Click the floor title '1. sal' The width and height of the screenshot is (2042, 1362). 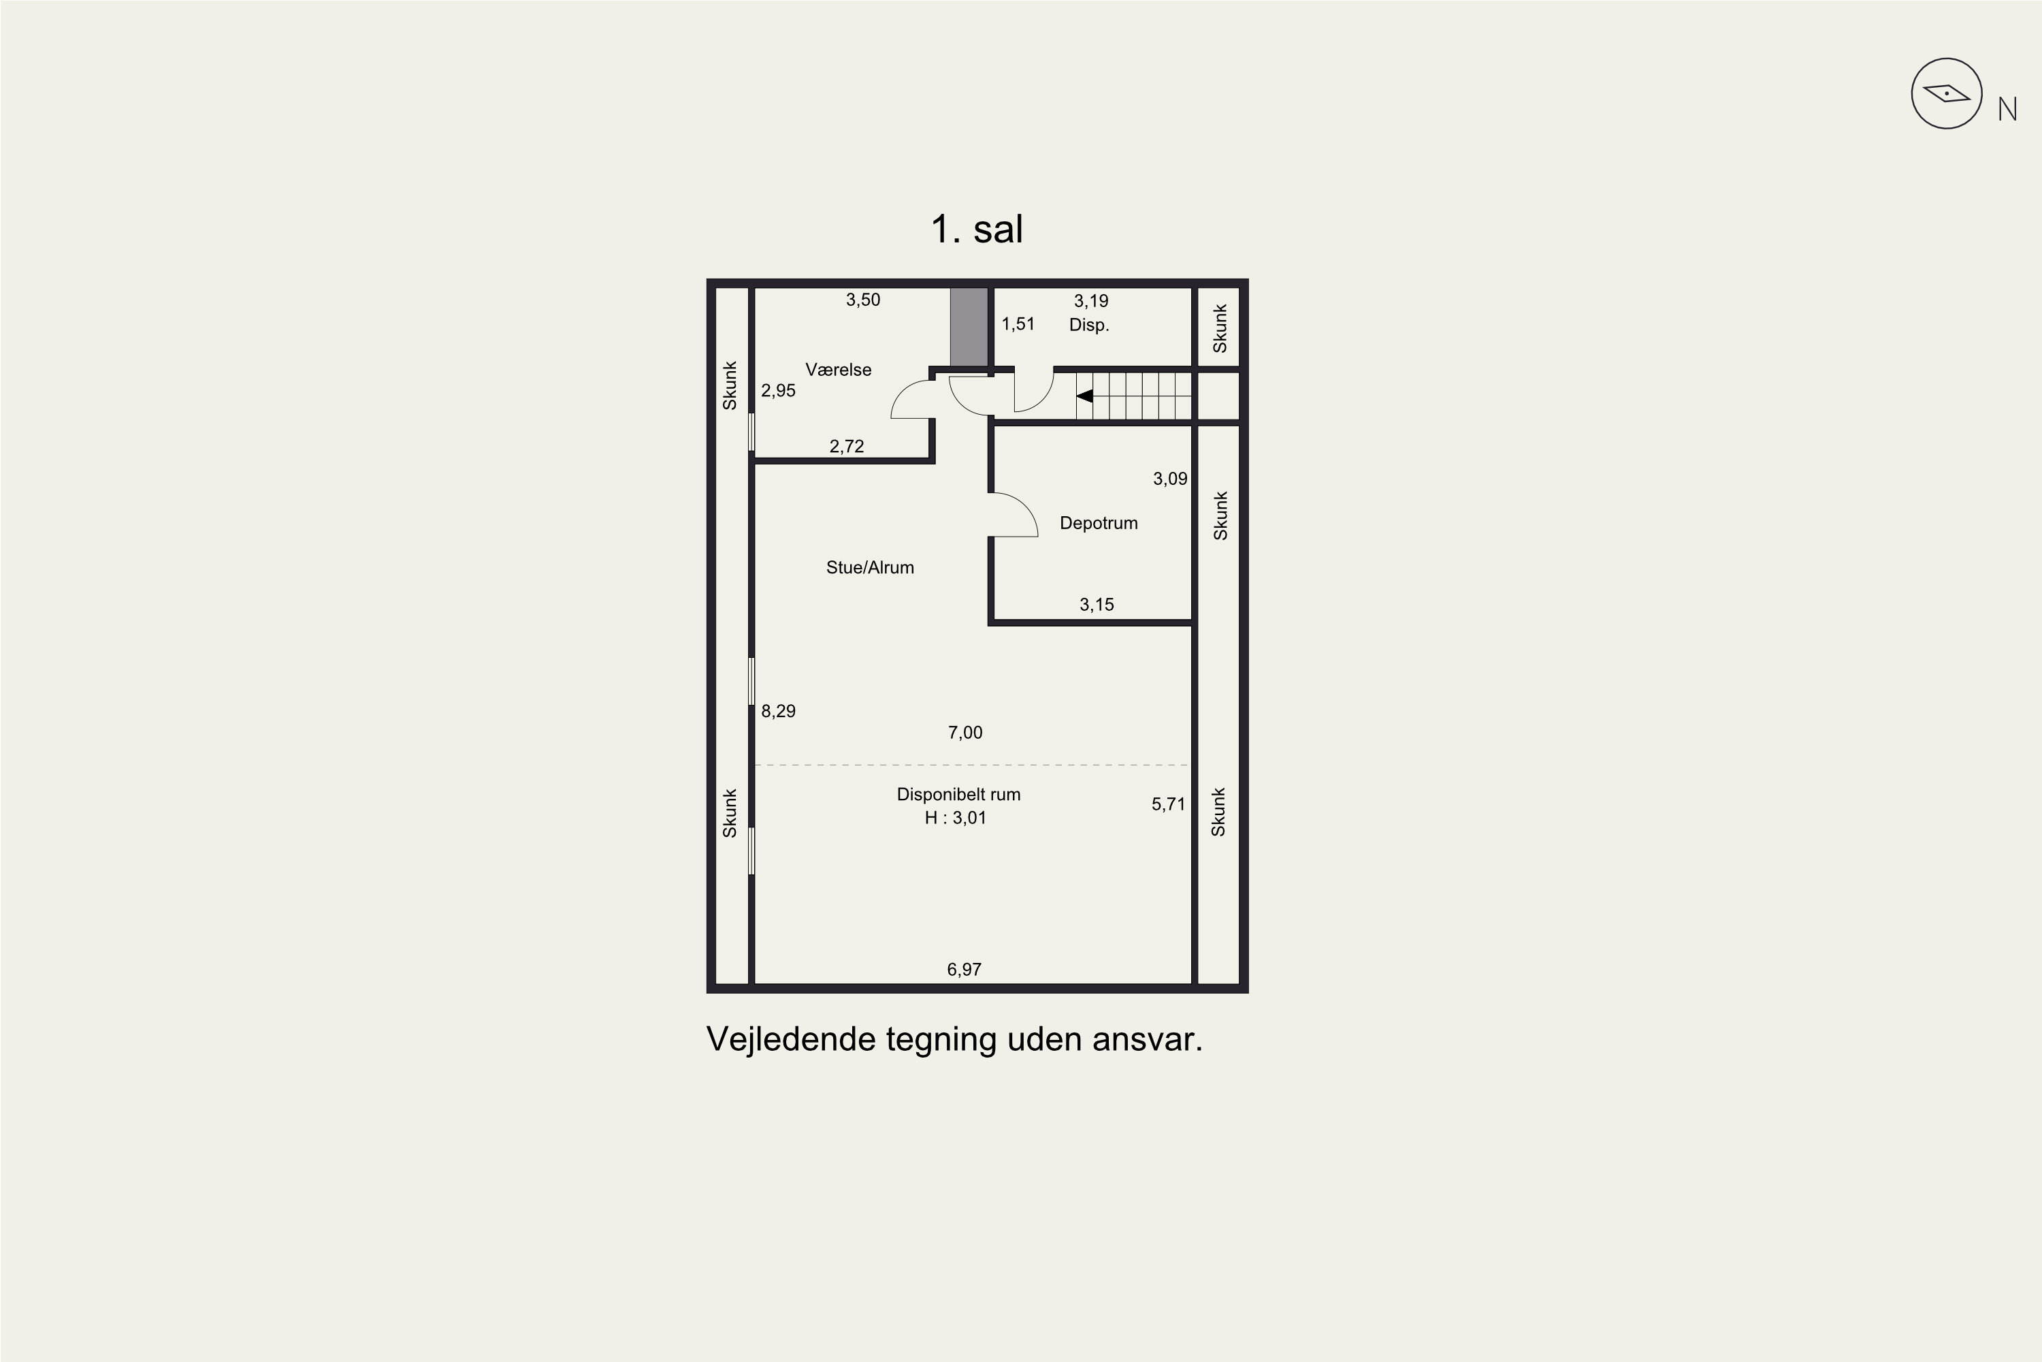[977, 229]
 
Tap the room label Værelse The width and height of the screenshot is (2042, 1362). [838, 369]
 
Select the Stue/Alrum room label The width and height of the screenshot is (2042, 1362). [870, 567]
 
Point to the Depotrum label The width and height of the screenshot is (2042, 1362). [1099, 523]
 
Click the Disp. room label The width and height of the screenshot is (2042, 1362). [1088, 325]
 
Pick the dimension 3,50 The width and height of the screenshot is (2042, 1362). [863, 300]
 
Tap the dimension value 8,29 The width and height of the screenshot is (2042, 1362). [778, 710]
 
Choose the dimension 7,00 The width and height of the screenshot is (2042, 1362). [965, 732]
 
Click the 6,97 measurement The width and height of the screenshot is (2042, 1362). [964, 969]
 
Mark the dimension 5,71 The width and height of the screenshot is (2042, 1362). [1168, 804]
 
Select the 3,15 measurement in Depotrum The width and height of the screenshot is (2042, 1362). [1097, 605]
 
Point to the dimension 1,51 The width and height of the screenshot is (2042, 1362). [1018, 324]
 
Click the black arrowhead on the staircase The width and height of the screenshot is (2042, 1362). [1084, 396]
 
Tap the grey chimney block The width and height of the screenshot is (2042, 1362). [969, 328]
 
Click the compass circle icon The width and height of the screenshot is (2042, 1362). [1947, 94]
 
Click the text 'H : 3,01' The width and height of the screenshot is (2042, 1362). [955, 817]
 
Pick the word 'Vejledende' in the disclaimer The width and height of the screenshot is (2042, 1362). [791, 1039]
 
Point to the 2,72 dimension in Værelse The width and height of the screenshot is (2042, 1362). [847, 447]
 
